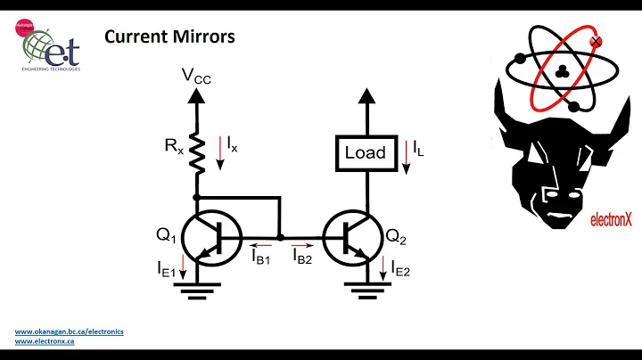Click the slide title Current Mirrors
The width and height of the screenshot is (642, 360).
point(169,37)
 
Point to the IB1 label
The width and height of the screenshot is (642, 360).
point(262,256)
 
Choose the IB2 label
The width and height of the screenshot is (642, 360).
point(303,256)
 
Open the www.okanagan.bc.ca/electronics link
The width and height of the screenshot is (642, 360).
point(69,331)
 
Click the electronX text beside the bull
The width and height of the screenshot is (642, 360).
point(611,214)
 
